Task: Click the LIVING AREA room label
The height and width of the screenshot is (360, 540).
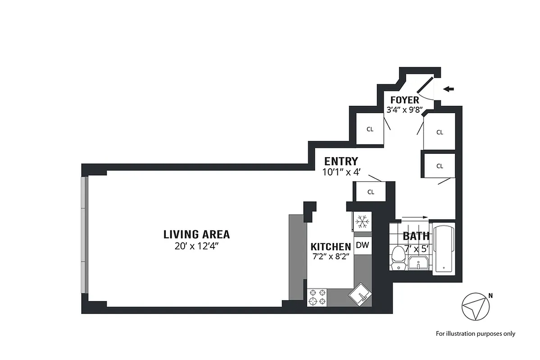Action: pos(196,234)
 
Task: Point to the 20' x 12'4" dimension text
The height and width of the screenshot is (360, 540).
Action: pos(196,246)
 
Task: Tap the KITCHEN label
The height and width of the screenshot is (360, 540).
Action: pos(331,247)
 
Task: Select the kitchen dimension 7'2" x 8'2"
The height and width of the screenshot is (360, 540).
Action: pos(331,257)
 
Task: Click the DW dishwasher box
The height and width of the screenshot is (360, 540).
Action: pos(363,245)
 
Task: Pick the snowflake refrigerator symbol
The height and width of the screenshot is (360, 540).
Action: pos(363,222)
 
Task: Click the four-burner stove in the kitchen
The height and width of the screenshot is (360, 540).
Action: pos(317,297)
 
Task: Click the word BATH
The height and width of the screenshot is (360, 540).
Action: pos(416,236)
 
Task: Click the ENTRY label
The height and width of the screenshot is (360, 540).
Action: pos(341,161)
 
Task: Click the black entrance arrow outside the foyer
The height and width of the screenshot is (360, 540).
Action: pos(449,89)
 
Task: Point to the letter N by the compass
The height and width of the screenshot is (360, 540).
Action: pos(490,296)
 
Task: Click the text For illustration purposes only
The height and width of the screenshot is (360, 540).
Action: pos(475,334)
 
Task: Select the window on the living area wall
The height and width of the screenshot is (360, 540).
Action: pos(84,236)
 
